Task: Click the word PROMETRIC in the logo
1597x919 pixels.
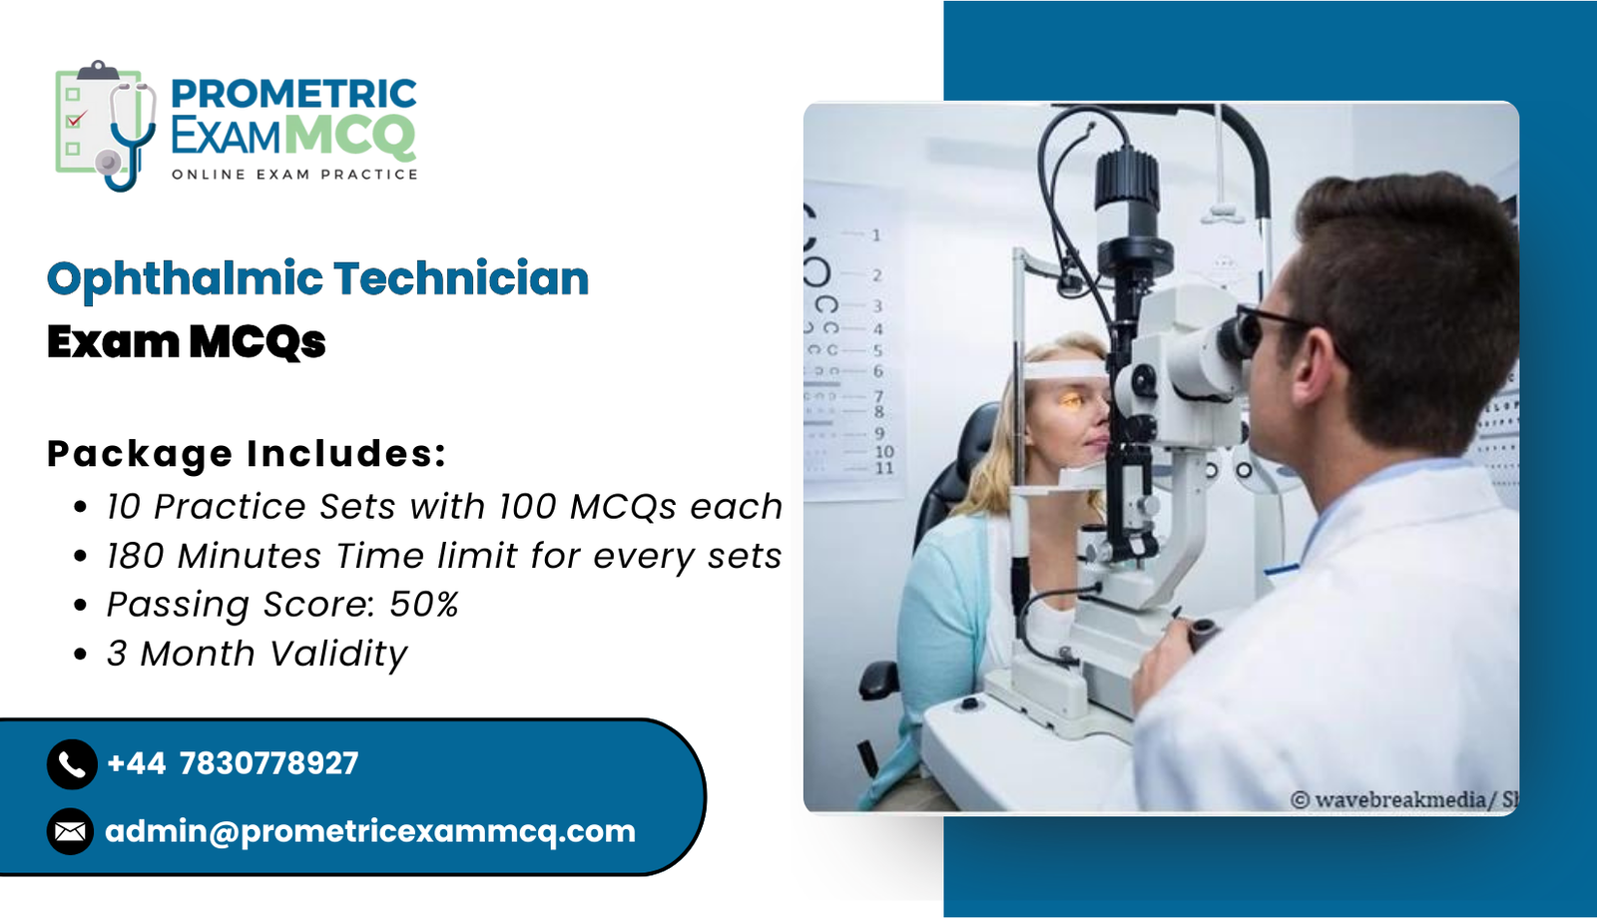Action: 293,94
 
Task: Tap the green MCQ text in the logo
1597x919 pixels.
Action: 350,136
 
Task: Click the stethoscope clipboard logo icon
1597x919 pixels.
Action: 106,126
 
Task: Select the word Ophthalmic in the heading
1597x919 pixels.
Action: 185,279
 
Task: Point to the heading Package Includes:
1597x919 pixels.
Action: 247,454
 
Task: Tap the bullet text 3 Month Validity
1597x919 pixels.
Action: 257,654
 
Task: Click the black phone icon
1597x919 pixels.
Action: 72,764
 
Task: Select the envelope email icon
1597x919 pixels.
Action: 71,831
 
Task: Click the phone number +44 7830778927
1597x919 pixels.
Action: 233,763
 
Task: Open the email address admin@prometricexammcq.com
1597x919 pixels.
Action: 370,832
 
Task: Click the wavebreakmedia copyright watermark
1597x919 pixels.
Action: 1404,800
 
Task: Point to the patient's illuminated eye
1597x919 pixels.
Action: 1071,401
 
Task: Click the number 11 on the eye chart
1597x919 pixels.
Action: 884,468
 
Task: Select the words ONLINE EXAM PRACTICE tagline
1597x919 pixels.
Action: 294,175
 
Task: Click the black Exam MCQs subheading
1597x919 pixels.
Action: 186,341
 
